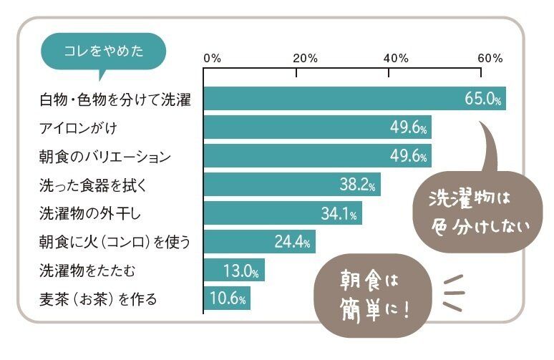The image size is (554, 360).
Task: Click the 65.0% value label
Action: pyautogui.click(x=482, y=99)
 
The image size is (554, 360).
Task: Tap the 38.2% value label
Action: pyautogui.click(x=358, y=185)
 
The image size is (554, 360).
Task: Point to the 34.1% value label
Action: pyautogui.click(x=339, y=213)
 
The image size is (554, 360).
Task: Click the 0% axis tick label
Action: pyautogui.click(x=213, y=57)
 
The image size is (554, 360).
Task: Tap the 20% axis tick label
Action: pyautogui.click(x=305, y=57)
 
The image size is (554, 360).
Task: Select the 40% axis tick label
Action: pyautogui.click(x=397, y=57)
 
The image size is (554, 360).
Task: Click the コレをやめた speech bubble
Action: pyautogui.click(x=104, y=51)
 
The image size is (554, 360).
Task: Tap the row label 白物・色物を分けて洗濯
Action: pyautogui.click(x=115, y=99)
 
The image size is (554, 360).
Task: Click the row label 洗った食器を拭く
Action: pyautogui.click(x=93, y=185)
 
